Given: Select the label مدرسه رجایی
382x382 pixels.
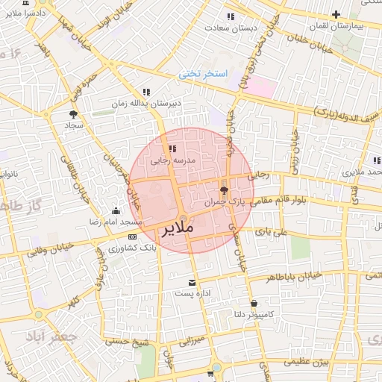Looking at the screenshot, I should coord(173,160).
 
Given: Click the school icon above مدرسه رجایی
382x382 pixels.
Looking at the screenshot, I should coord(173,149).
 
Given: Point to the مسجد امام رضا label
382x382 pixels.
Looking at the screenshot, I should coord(116,223).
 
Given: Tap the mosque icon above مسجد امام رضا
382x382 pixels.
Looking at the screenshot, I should coord(116,211).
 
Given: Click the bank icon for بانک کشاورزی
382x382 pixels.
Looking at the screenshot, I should coord(132,237).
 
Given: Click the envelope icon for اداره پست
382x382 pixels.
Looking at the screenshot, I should coord(193,282).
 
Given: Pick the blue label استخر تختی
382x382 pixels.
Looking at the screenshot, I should coord(201,75).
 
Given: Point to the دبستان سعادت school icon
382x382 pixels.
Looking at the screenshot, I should coord(231,16).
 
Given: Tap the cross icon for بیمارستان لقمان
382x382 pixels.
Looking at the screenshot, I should coord(336,14).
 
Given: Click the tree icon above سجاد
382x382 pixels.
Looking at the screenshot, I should coord(73,114).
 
